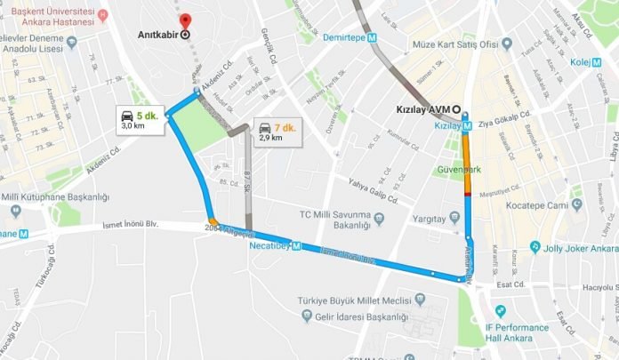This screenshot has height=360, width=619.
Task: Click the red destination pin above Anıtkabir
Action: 184,20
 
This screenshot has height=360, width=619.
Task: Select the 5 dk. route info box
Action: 141,120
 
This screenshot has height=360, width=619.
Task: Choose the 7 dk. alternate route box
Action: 276,131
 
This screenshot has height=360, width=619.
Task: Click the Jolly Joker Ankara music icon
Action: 535,247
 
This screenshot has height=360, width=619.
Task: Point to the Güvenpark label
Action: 457,168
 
